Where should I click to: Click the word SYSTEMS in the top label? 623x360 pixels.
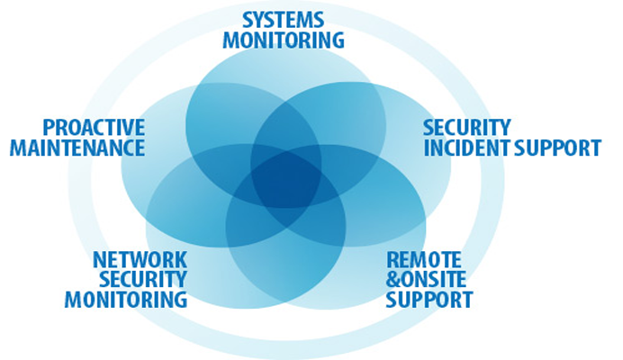click(x=283, y=20)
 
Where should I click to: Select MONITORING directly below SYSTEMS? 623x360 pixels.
click(x=284, y=40)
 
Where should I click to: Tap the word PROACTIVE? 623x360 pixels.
click(x=94, y=128)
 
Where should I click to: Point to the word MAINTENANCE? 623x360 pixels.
click(x=77, y=148)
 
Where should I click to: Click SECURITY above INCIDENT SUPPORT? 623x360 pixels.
click(x=467, y=128)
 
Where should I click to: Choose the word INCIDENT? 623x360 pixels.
click(x=467, y=148)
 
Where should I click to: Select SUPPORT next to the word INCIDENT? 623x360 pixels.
click(x=557, y=148)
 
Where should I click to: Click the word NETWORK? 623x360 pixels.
click(x=140, y=260)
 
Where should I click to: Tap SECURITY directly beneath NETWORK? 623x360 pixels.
click(x=142, y=279)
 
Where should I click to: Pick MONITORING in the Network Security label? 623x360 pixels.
click(x=126, y=299)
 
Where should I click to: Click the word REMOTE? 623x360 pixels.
click(x=423, y=260)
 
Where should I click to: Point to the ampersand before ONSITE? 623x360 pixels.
click(x=393, y=279)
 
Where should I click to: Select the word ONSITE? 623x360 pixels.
click(x=434, y=279)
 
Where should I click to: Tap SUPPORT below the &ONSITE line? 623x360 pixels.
click(x=429, y=299)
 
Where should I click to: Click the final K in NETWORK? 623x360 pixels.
click(x=181, y=260)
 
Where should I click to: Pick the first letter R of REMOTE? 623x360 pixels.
click(x=393, y=260)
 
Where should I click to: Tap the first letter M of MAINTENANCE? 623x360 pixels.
click(x=18, y=148)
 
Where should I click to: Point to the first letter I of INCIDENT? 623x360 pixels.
click(x=427, y=148)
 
